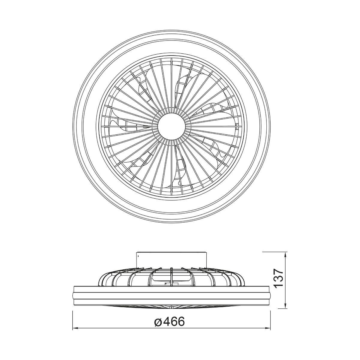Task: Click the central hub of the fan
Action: pyautogui.click(x=172, y=126)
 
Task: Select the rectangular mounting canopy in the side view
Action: pyautogui.click(x=172, y=260)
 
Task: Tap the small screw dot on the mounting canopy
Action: pyautogui.click(x=139, y=254)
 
